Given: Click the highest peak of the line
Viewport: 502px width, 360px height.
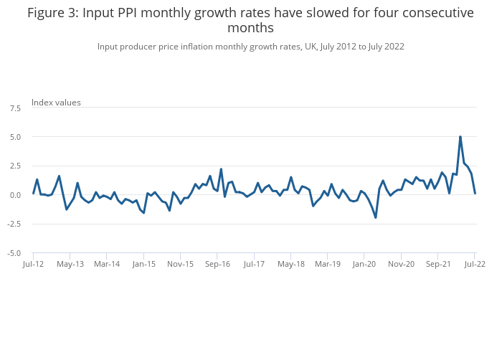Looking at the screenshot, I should click(x=460, y=136).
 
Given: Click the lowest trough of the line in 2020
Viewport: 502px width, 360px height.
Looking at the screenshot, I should click(x=376, y=217).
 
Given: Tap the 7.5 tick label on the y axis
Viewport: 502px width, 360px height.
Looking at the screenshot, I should click(x=15, y=108).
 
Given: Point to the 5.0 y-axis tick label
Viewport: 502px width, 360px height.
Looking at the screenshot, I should click(x=15, y=136).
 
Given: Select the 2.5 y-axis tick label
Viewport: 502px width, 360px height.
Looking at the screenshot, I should click(x=15, y=166).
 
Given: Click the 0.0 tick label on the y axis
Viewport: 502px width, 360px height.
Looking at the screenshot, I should click(x=15, y=195).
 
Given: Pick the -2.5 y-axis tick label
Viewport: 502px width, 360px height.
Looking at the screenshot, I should click(x=14, y=224).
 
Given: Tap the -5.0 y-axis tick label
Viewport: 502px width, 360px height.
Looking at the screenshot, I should click(x=14, y=253).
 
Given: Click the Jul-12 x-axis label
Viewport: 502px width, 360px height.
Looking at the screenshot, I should click(x=33, y=264).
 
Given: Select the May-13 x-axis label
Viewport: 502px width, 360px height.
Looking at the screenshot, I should click(x=70, y=264).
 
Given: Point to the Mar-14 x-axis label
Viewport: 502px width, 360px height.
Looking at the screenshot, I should click(x=107, y=264).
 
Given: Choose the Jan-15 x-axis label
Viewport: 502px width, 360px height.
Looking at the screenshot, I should click(x=144, y=264).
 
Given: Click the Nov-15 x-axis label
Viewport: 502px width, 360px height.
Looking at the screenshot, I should click(x=181, y=264).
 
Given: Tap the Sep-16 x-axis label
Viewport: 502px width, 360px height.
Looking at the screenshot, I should click(x=217, y=264).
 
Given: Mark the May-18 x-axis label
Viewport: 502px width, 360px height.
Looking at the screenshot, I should click(x=291, y=264).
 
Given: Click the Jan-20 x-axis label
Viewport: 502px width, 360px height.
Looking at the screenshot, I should click(x=364, y=264).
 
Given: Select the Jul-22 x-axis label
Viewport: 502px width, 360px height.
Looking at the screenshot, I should click(x=475, y=264).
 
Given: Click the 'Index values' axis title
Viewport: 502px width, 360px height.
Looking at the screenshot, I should click(x=56, y=102).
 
